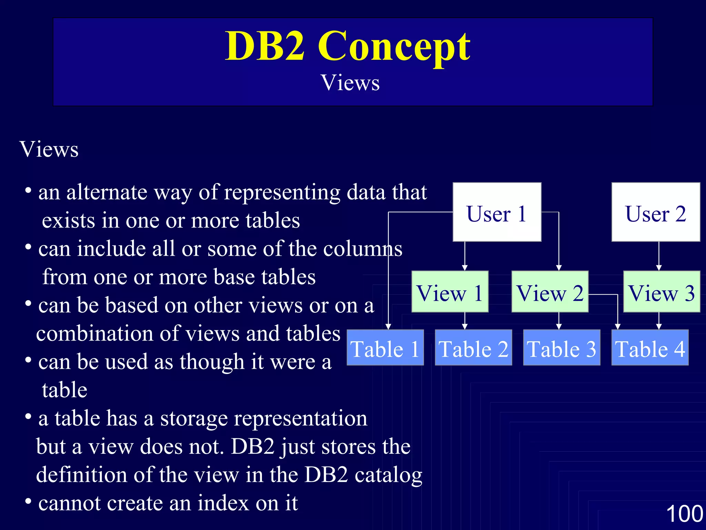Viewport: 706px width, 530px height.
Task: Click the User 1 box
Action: [497, 212]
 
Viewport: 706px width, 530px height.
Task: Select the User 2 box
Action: [656, 212]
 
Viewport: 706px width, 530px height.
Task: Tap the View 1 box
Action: [450, 292]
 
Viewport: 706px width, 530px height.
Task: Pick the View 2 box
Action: [550, 292]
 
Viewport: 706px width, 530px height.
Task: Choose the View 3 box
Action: [662, 292]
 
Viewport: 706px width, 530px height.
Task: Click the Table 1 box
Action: [385, 347]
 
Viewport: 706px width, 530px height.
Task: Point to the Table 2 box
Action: [473, 347]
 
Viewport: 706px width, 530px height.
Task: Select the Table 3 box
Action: [562, 347]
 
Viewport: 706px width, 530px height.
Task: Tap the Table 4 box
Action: [650, 347]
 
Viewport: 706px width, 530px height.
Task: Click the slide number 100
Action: [684, 513]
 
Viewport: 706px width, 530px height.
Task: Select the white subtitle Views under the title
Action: [350, 83]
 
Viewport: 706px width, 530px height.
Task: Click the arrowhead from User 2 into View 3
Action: [659, 268]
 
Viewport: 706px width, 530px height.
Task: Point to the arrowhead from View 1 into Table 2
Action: [465, 326]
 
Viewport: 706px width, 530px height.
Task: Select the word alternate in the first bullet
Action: [107, 192]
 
